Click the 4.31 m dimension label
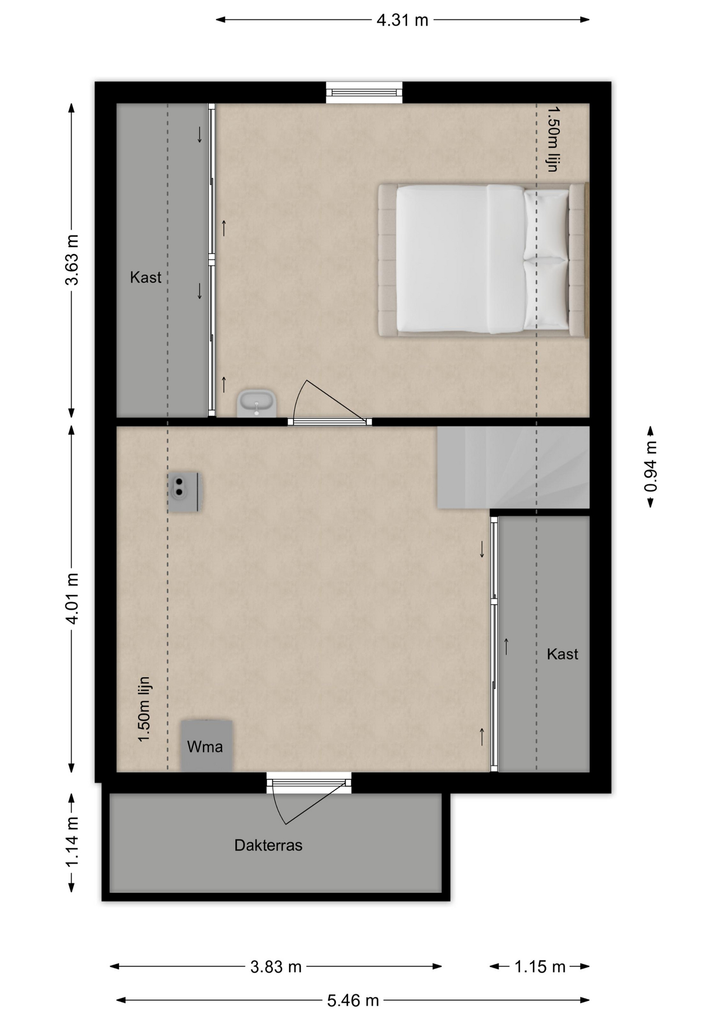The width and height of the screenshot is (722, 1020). coord(402,20)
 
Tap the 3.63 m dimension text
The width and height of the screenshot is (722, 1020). coord(72,260)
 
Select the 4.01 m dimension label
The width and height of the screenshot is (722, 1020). coord(72,598)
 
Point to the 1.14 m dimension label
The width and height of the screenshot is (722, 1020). coord(72,843)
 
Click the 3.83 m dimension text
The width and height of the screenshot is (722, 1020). coord(276,966)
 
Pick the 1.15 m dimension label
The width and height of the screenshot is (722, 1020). coord(540,966)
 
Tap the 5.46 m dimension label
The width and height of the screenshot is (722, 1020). coord(353,1000)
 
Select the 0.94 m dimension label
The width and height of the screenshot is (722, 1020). coord(650,467)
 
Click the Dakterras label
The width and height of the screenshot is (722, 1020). coord(268,845)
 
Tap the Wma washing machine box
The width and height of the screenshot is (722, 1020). coord(206,746)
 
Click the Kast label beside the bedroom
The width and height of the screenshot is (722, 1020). coord(146,277)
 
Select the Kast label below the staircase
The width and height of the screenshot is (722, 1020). coord(563,654)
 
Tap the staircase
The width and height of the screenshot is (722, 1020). coord(513,467)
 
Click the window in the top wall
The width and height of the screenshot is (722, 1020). coord(364,92)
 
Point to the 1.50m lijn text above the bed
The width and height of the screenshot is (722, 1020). coord(553,139)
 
